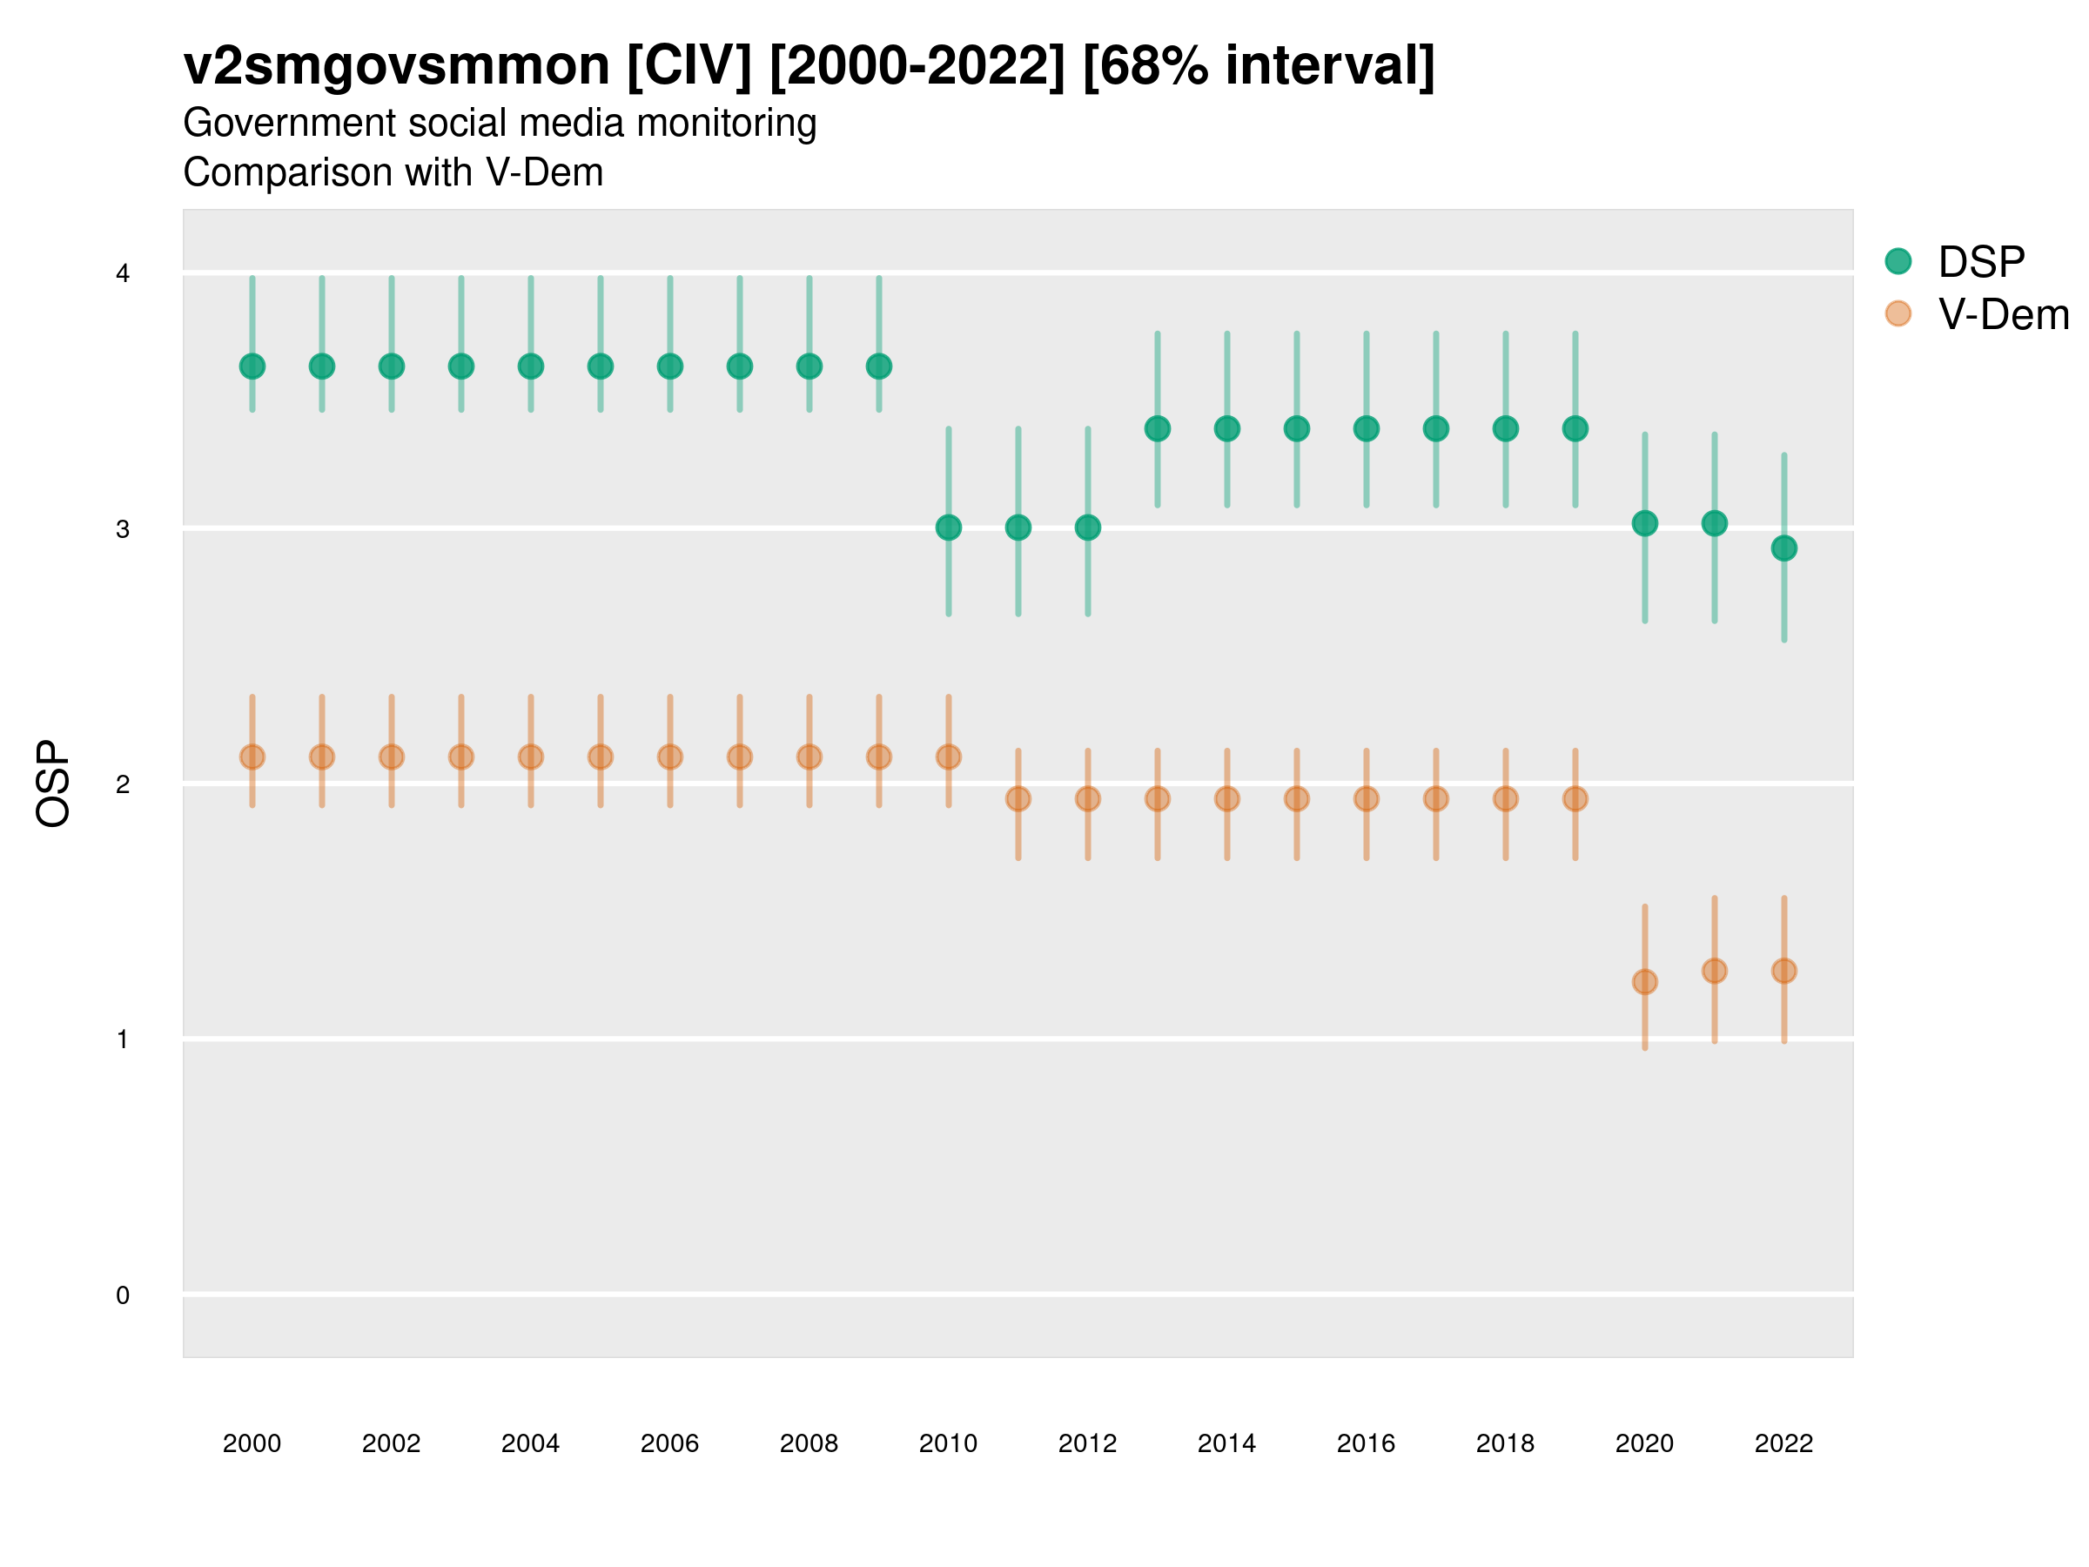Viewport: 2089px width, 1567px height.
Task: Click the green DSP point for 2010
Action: click(948, 527)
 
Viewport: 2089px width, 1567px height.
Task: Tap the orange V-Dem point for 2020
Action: click(1644, 981)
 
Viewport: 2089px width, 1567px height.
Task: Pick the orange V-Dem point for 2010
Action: click(948, 757)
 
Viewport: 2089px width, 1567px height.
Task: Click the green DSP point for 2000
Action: click(252, 367)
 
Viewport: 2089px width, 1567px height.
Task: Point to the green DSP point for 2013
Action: click(1157, 429)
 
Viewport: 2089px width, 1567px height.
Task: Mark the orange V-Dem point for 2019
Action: click(1575, 799)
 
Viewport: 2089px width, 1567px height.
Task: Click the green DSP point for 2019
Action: click(1575, 429)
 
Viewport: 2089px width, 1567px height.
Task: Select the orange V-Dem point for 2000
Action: click(252, 757)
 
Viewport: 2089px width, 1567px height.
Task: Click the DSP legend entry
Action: click(1980, 262)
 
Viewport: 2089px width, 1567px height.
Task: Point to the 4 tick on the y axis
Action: click(123, 274)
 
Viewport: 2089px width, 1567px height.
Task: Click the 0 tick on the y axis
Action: click(123, 1295)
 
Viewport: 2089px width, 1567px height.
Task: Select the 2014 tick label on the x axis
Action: click(1226, 1443)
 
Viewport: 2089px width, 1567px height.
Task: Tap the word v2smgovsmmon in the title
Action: click(397, 66)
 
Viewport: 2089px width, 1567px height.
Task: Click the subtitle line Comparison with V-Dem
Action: click(393, 173)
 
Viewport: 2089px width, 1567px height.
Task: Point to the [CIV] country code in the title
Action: click(689, 66)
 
